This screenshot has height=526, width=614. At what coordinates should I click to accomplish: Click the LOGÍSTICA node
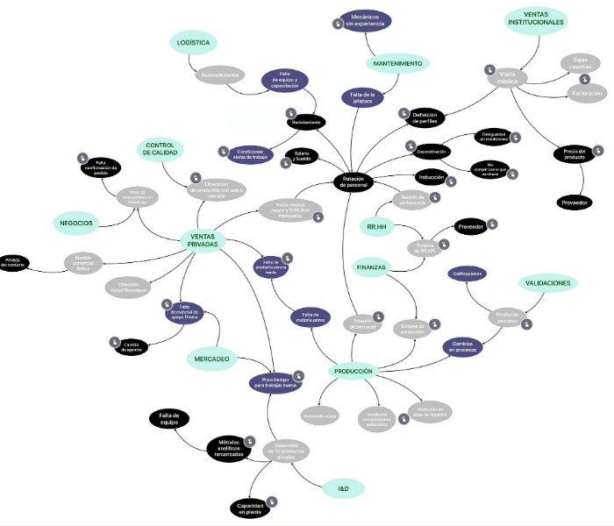pos(193,42)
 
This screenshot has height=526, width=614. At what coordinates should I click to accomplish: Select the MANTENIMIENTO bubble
pos(396,64)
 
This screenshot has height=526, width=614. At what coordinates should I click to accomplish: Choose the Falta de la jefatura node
pos(363,98)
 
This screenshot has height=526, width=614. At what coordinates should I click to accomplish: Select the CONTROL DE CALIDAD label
pos(163,149)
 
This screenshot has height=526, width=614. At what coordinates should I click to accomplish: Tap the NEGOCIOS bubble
pos(77,223)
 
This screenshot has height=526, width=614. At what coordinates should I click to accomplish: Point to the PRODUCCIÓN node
pos(353,372)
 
